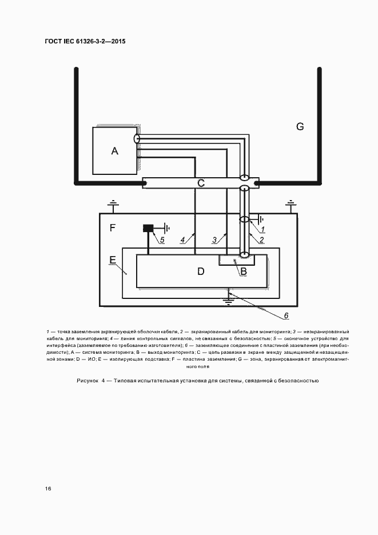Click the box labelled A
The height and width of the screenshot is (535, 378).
(x=115, y=151)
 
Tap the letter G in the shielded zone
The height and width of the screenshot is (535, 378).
(x=300, y=126)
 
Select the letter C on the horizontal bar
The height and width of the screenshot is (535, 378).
(x=201, y=183)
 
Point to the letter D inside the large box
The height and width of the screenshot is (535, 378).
(x=201, y=271)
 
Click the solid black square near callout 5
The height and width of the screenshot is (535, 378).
(x=149, y=228)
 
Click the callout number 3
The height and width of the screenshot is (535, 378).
(x=214, y=240)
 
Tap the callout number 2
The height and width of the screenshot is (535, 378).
(x=261, y=240)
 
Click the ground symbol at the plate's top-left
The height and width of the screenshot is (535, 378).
(x=113, y=205)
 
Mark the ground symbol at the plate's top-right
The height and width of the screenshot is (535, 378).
(x=291, y=204)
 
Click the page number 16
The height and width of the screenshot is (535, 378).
(x=48, y=489)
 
